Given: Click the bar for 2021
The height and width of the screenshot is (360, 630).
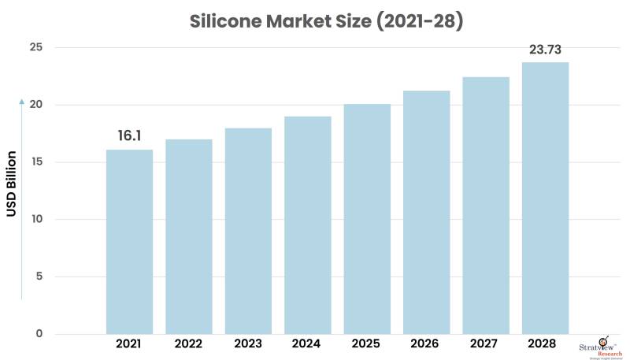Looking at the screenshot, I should (x=129, y=241).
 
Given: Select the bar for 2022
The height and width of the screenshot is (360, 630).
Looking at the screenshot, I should (x=189, y=236).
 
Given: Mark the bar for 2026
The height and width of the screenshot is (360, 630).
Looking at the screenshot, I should (x=426, y=212).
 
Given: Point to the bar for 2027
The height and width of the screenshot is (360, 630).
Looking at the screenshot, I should (x=486, y=205).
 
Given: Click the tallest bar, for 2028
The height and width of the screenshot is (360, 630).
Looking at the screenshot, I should (x=545, y=197).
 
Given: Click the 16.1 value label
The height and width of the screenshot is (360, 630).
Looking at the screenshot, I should (x=129, y=135).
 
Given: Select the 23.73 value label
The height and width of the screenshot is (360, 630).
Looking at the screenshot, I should (x=545, y=49).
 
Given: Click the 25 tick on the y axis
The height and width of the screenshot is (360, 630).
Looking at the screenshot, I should (x=36, y=48).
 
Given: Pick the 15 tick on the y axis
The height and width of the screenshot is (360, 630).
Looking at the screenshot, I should (x=36, y=162).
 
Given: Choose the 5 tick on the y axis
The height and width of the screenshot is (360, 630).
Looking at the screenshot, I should (x=39, y=276).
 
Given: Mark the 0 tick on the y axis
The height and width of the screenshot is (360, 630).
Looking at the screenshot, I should (x=39, y=333).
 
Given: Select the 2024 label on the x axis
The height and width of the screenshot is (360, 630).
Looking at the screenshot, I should (x=307, y=344).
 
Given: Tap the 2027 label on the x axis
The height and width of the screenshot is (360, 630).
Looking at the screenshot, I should (x=486, y=344).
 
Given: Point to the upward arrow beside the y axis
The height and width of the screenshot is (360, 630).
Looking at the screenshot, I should (x=21, y=101).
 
